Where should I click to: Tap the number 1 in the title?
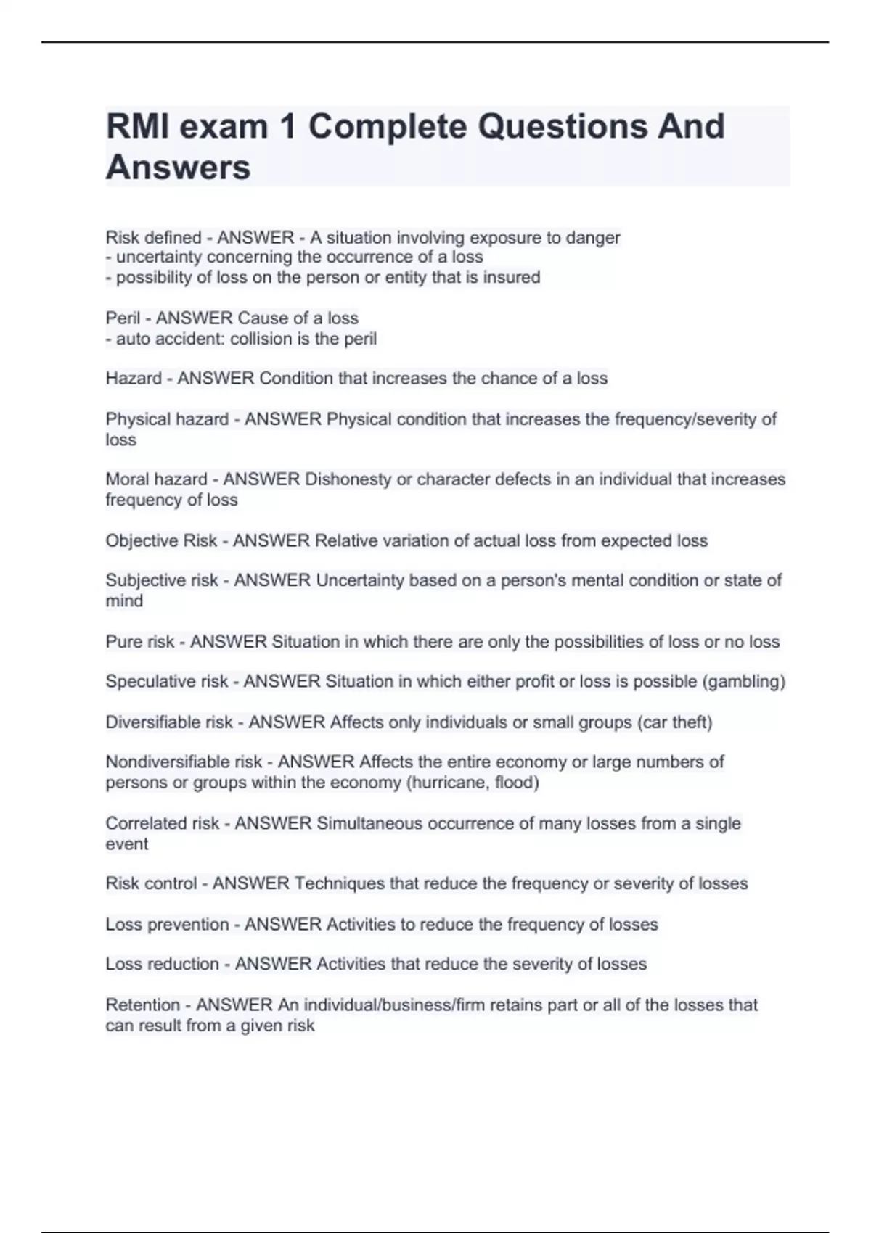tap(287, 127)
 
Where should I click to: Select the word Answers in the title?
tap(178, 168)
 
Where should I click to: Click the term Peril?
tap(123, 318)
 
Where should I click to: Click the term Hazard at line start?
tap(134, 379)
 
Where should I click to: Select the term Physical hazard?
tap(167, 419)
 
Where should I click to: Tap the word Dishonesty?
tap(348, 479)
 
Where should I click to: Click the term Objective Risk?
tap(161, 541)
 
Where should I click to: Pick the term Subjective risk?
tap(162, 580)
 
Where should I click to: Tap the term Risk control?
tap(151, 883)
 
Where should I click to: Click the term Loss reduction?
tap(162, 964)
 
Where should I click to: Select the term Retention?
tap(142, 1005)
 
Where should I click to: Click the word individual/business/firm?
tap(394, 1005)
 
